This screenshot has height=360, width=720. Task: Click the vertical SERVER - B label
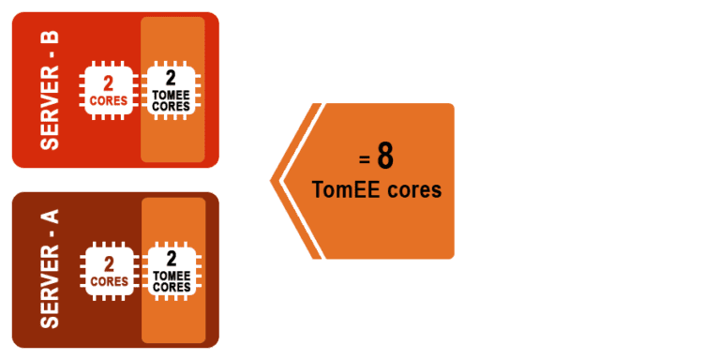[x=50, y=90]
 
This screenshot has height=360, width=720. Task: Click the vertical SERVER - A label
[x=50, y=269]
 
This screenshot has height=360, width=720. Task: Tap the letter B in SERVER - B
[x=50, y=37]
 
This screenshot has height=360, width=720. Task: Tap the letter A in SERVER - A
[x=50, y=217]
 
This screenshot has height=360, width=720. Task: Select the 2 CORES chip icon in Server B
[x=110, y=90]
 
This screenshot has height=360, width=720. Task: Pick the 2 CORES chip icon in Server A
[x=110, y=270]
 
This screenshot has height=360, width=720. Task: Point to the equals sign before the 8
[x=364, y=159]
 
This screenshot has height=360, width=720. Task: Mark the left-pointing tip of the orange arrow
[x=272, y=179]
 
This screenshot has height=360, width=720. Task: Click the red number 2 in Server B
[x=110, y=82]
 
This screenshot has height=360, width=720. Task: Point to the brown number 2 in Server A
[x=110, y=262]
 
